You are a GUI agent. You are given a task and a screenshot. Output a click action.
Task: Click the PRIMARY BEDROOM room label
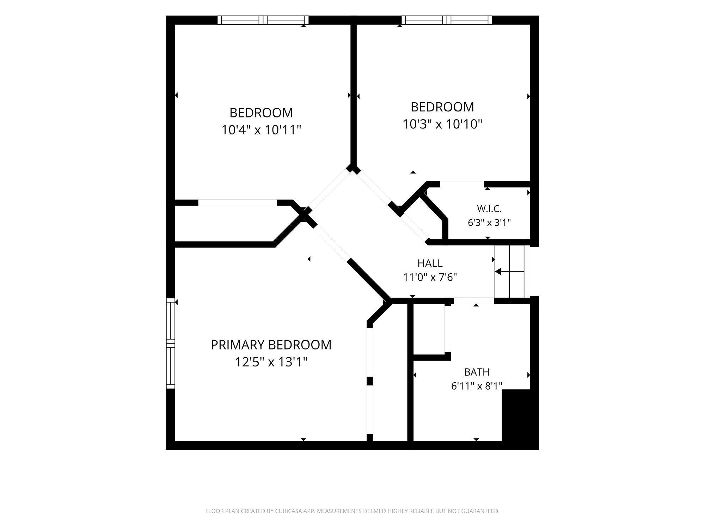271,345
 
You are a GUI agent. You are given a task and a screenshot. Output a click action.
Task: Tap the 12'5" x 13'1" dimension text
271,362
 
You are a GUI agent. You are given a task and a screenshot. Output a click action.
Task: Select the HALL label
430,263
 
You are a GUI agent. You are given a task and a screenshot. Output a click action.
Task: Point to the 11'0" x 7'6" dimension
430,277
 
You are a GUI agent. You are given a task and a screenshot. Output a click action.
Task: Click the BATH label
477,372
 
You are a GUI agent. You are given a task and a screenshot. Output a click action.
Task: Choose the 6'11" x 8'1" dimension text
477,386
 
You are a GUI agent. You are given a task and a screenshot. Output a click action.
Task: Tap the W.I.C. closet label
489,209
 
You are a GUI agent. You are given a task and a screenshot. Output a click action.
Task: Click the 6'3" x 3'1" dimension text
489,223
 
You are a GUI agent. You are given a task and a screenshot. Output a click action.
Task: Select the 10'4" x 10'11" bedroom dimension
261,130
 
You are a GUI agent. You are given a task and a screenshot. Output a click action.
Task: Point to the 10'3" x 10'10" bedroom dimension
442,124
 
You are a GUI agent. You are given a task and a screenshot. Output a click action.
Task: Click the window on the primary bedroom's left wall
171,343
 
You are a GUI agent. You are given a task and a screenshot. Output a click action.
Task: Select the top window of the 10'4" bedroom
263,20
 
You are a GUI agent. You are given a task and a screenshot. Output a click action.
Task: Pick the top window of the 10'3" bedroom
447,20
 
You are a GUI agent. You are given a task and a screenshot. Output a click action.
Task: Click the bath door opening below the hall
474,301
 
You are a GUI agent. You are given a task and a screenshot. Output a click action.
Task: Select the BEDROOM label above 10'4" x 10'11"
261,113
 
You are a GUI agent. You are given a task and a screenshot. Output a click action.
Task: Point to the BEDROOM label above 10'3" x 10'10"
442,107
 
